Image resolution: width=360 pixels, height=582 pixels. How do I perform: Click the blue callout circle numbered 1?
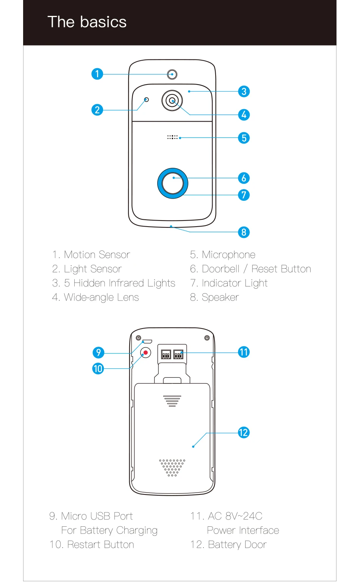pos(97,74)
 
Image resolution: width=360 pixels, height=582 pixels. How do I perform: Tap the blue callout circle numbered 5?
pos(244,138)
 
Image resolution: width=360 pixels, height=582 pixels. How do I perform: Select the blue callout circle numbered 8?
pos(244,232)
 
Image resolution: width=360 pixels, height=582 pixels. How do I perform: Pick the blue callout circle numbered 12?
pos(244,432)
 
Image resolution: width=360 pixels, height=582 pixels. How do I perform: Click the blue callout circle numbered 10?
pos(98,368)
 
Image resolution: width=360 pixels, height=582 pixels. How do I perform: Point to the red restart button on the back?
pos(146,353)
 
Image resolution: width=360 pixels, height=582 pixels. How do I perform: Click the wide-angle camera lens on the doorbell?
pos(172,101)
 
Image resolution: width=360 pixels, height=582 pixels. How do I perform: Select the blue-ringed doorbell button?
pos(173,183)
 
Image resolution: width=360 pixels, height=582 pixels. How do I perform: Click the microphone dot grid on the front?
pos(172,137)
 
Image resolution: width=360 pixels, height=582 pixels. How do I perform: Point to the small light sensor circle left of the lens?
pos(147,100)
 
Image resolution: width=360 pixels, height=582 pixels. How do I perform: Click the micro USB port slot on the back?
pos(147,341)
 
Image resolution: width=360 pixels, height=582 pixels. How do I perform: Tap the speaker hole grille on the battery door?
pos(172,468)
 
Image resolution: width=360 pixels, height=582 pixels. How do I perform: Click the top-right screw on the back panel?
pos(207,338)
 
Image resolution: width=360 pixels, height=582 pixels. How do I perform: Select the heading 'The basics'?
pos(87,22)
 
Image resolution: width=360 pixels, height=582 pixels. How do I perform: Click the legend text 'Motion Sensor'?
pos(97,255)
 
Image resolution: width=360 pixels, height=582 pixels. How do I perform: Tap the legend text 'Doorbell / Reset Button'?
pos(256,269)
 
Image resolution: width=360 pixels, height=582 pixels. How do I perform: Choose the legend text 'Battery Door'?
pos(237,544)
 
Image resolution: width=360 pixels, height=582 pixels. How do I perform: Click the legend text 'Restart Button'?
pos(100,544)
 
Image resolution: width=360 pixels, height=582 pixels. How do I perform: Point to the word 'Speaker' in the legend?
pos(220,297)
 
